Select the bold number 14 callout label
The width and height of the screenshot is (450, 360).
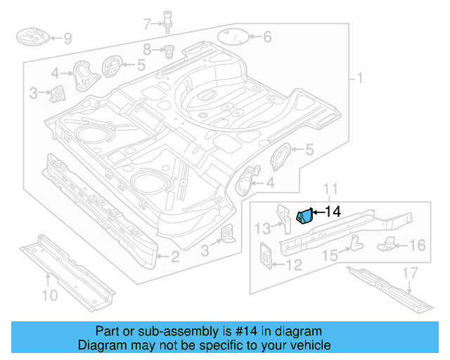pos(332,211)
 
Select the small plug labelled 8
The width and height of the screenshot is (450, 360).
pos(169,50)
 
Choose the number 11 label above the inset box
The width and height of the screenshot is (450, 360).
pos(330,188)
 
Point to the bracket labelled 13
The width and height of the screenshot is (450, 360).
pos(284,217)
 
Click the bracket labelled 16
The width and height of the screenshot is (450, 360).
pos(389,245)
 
